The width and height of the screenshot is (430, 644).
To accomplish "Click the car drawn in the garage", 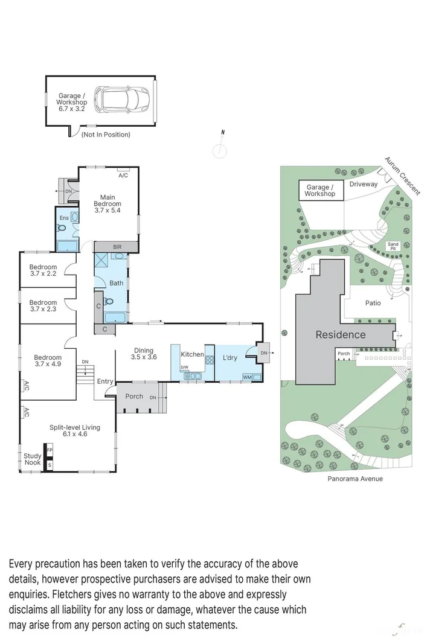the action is [x=121, y=99].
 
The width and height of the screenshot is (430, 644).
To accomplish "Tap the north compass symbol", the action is [x=220, y=147].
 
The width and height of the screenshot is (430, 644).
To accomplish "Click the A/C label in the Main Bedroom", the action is [x=123, y=176].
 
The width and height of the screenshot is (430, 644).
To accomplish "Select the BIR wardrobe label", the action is [x=117, y=247].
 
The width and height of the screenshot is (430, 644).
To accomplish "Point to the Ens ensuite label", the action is [x=64, y=218].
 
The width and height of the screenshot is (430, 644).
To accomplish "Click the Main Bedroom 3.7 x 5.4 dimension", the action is [x=107, y=210].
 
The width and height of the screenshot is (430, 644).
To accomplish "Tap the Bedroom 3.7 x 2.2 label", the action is [x=43, y=270].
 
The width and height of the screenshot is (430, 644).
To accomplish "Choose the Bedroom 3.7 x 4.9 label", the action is [x=48, y=360].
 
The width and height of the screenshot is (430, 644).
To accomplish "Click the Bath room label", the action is [x=117, y=283].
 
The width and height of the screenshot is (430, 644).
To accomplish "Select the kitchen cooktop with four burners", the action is [x=210, y=360].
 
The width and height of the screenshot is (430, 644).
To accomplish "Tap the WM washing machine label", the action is [x=247, y=377].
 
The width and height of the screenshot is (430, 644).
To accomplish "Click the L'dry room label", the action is [x=230, y=358].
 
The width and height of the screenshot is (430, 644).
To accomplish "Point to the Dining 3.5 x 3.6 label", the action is [x=144, y=354].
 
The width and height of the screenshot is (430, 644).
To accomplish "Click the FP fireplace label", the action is [x=50, y=450].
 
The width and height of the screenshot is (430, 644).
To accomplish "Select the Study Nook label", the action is [x=33, y=459].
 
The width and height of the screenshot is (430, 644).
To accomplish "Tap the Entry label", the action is [x=105, y=381].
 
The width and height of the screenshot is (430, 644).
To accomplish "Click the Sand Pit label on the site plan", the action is [x=393, y=246].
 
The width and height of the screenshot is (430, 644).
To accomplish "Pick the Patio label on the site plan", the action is [x=373, y=303].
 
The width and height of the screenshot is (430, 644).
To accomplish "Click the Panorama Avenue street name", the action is [x=355, y=479].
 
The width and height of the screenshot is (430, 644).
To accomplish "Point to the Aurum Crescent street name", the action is [x=403, y=176].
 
